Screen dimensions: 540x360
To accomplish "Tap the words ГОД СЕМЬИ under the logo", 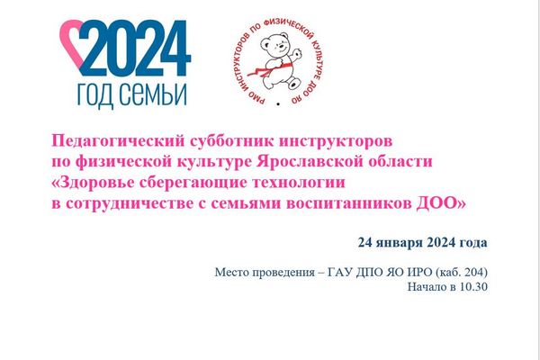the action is click(132, 94).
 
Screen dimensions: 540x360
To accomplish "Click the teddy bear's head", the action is click(274, 44).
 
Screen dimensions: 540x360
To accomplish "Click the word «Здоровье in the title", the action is click(93, 183).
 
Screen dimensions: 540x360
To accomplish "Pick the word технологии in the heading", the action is click(299, 183).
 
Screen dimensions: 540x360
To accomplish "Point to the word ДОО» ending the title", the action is click(441, 203).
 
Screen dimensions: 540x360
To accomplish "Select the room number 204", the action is click(474, 272).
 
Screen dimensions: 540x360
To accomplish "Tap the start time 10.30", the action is click(473, 286).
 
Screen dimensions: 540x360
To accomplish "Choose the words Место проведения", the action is click(265, 273).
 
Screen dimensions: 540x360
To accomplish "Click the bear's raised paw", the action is click(298, 54).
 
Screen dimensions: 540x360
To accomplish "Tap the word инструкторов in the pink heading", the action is click(336, 141).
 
